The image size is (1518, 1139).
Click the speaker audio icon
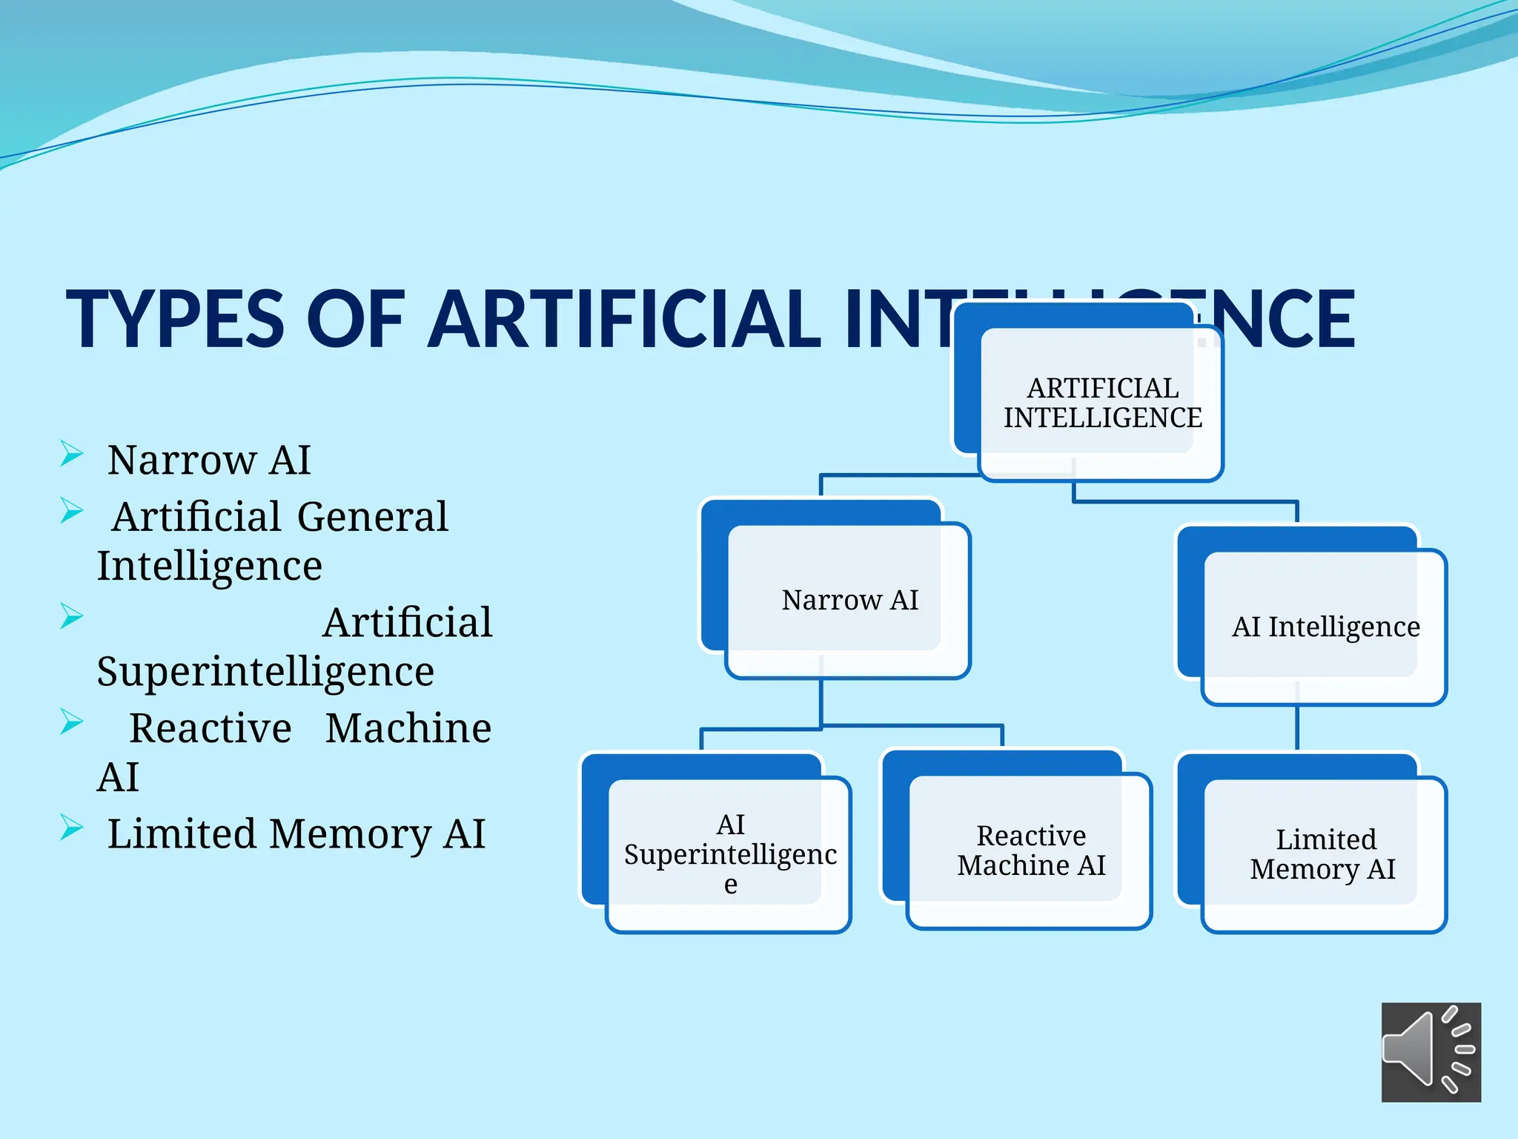(x=1430, y=1051)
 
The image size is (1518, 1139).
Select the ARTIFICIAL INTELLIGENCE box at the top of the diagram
(x=1101, y=403)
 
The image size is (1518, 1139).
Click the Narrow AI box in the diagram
(x=849, y=600)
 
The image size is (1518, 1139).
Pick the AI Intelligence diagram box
(x=1325, y=627)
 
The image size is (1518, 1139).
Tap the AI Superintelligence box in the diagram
(x=729, y=854)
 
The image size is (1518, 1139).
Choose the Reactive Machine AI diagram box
(x=1030, y=851)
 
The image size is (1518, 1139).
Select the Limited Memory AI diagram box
(x=1324, y=854)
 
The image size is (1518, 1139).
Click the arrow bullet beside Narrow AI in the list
(x=71, y=454)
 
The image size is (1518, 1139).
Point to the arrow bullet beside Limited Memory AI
(x=71, y=828)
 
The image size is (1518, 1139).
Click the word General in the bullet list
(x=372, y=517)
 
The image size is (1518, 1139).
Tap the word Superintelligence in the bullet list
(x=265, y=672)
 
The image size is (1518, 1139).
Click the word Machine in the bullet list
(x=408, y=728)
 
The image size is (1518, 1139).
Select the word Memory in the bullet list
(x=348, y=834)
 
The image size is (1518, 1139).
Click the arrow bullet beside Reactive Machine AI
(x=71, y=722)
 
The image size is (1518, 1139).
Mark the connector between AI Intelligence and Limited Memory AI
(x=1296, y=728)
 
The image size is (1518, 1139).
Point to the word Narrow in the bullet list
(x=182, y=460)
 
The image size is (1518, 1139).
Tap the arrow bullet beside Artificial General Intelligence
(x=71, y=511)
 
